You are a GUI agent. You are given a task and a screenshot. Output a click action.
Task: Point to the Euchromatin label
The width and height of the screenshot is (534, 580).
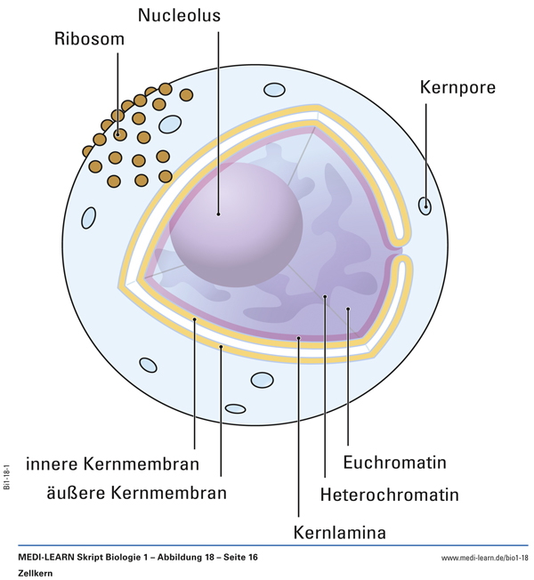[394, 463]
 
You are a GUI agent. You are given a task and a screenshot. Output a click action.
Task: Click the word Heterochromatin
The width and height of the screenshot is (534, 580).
[390, 494]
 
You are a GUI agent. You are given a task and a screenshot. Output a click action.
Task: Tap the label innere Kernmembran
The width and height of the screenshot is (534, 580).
[112, 463]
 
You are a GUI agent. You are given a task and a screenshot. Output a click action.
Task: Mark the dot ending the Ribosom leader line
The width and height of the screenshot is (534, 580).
[118, 135]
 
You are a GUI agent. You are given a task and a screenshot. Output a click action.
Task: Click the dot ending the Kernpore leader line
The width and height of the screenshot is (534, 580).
[426, 206]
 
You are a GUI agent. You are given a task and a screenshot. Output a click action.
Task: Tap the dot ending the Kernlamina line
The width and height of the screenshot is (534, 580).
[299, 338]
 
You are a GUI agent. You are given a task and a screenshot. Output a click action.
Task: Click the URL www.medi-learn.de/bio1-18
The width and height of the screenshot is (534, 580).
[484, 558]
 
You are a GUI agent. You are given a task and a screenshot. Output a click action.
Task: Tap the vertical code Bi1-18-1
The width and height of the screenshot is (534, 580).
[6, 478]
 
